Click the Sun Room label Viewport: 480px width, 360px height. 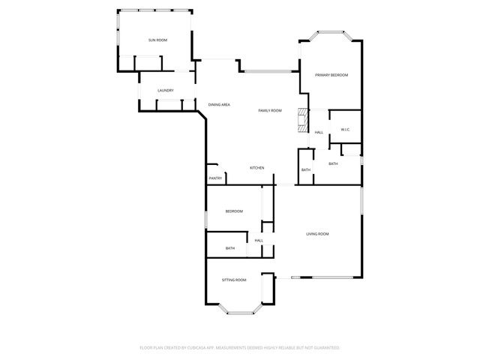click(157, 39)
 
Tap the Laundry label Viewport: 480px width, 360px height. click(166, 91)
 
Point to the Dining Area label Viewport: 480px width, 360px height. click(219, 104)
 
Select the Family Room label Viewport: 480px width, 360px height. click(270, 110)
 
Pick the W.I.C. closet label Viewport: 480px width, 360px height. click(345, 130)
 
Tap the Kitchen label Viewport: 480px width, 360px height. click(256, 167)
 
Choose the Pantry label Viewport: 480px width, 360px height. click(215, 178)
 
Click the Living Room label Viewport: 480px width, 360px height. click(317, 234)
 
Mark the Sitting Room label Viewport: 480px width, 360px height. click(234, 280)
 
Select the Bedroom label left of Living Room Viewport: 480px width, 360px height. click(234, 211)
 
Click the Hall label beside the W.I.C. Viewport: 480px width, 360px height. click(319, 133)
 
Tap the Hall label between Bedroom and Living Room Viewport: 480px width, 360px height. click(259, 240)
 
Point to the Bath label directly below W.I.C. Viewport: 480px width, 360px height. click(333, 163)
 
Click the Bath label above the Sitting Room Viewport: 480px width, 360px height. click(230, 248)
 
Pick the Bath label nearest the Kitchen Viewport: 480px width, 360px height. click(305, 170)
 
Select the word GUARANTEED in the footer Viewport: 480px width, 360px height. click(325, 348)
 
